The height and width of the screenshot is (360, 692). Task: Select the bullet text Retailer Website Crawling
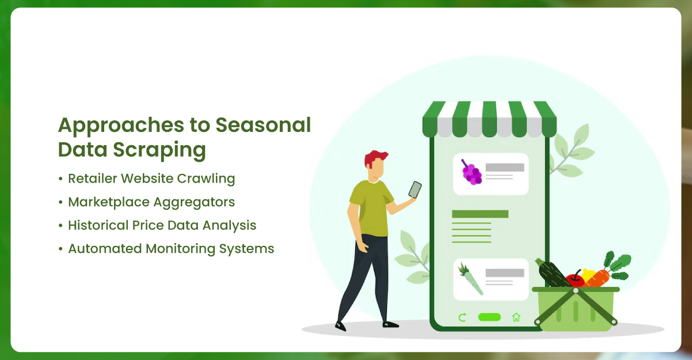[151, 179]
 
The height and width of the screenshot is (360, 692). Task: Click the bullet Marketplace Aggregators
[151, 202]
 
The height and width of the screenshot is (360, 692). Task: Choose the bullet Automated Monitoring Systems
[171, 249]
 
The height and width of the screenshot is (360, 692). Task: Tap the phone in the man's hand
[415, 190]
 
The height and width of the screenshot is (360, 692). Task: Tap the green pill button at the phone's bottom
[489, 317]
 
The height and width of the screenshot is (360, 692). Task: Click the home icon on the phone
[516, 317]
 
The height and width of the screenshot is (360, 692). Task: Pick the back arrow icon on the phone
[462, 317]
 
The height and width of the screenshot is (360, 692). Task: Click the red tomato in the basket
[574, 279]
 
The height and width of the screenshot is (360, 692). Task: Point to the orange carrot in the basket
[599, 277]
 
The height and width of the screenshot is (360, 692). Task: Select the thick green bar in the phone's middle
[480, 214]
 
